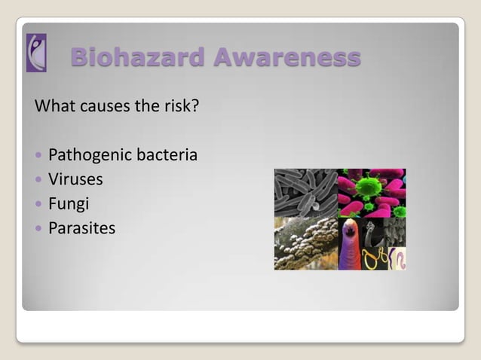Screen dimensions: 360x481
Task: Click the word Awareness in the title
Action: pos(287,56)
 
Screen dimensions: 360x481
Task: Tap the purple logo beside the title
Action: pos(36,53)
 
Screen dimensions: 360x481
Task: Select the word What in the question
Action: pos(55,106)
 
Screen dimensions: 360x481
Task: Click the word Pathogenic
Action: pos(90,156)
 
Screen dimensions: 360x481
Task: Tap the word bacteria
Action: pos(167,155)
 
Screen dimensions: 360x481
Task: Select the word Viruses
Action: pos(75,179)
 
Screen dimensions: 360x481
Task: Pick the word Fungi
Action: pos(68,203)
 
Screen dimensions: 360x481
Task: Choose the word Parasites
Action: pos(81,227)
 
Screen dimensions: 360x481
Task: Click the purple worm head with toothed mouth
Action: pos(349,243)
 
